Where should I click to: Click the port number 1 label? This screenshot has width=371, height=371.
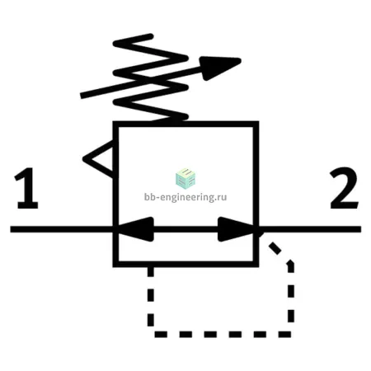[26, 188]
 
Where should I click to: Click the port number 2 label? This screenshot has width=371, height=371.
[344, 188]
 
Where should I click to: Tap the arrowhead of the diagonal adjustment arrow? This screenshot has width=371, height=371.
[221, 68]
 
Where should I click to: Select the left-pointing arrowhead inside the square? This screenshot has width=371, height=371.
[135, 229]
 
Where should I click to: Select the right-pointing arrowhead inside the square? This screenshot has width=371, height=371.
[236, 229]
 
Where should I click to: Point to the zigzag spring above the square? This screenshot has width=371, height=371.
[151, 77]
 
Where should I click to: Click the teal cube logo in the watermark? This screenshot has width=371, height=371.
[185, 179]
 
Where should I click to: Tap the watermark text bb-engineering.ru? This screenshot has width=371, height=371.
[185, 197]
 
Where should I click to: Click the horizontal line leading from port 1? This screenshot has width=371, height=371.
[62, 229]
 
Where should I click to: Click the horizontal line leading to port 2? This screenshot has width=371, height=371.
[310, 229]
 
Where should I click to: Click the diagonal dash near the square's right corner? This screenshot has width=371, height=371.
[275, 248]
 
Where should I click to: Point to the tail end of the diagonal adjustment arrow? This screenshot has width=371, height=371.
[81, 96]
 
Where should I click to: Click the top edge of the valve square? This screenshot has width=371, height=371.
[185, 124]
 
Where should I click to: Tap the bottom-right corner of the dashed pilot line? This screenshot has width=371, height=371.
[291, 334]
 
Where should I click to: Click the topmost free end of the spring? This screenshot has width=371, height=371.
[151, 35]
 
